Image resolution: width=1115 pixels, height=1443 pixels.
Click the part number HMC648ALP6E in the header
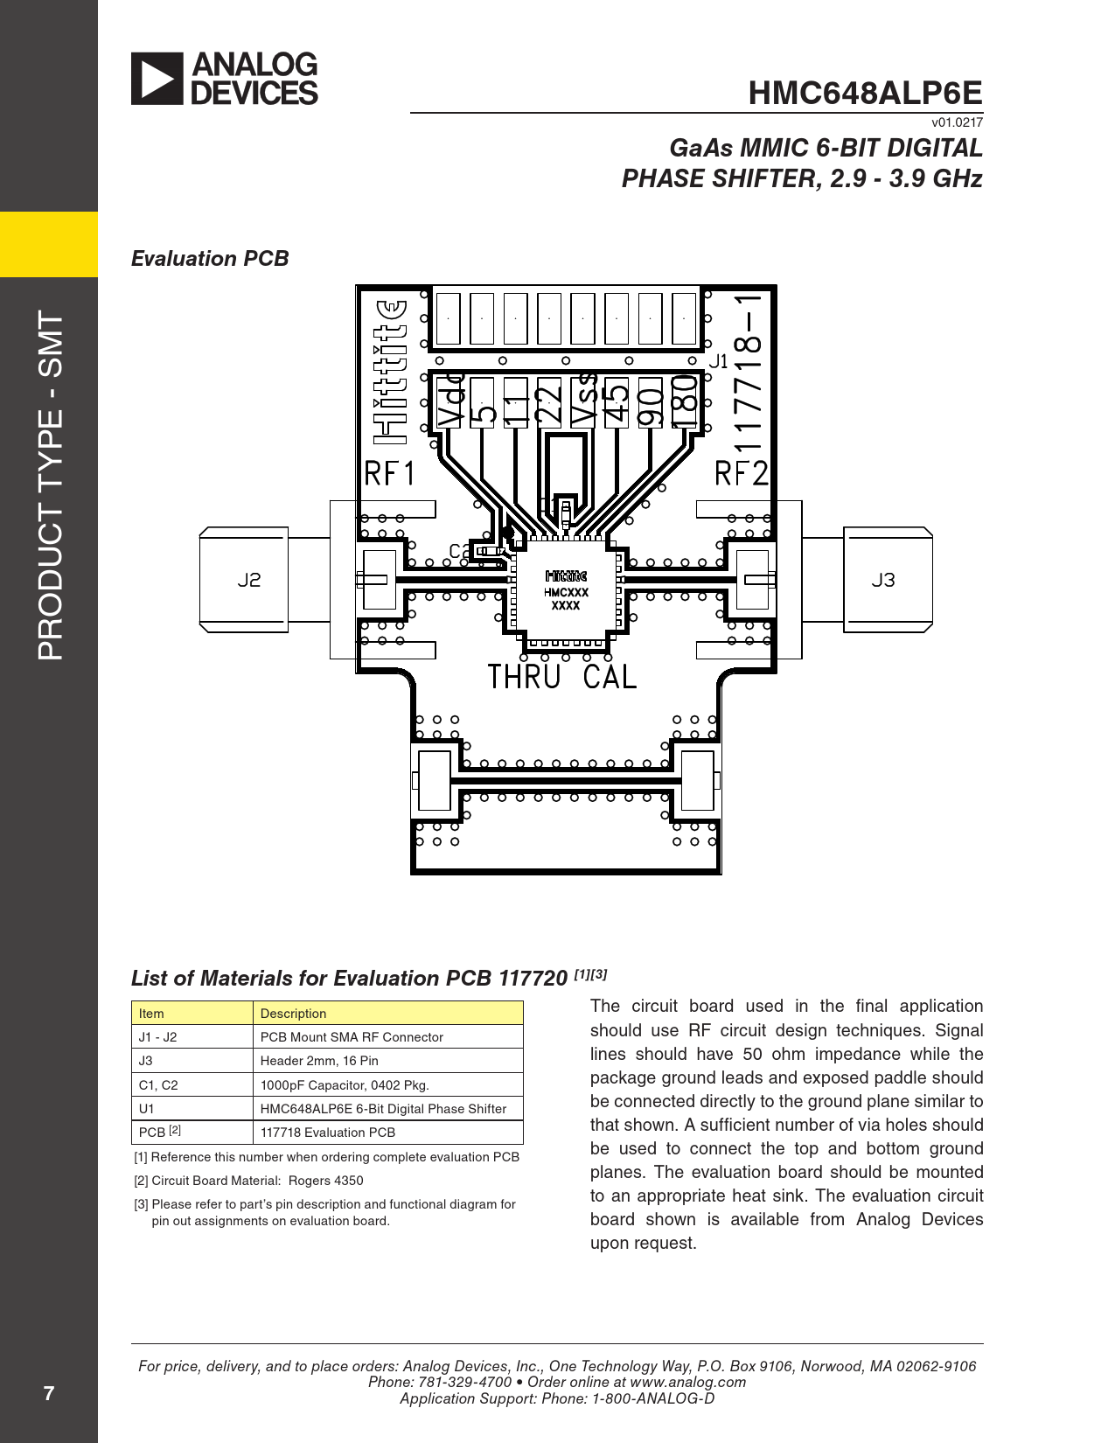click(x=865, y=93)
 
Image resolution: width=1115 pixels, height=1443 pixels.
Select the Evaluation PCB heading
click(x=210, y=259)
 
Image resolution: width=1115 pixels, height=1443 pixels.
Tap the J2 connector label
click(x=249, y=580)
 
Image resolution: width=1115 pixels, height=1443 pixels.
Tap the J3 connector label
click(x=883, y=580)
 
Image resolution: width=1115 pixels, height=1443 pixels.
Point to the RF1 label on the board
click(x=390, y=473)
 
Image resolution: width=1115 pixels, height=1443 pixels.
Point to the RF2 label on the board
click(x=742, y=473)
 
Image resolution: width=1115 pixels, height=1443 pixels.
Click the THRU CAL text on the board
click(x=561, y=677)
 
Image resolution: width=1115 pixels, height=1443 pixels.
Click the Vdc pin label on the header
click(x=451, y=400)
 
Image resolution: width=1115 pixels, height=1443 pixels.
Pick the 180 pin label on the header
click(x=685, y=401)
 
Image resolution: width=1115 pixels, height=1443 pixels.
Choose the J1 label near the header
click(x=718, y=361)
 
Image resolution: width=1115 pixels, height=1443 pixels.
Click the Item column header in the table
click(x=151, y=1014)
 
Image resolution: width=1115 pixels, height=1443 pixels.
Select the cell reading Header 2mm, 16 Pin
click(x=319, y=1061)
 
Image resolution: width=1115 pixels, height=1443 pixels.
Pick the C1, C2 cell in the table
click(x=158, y=1084)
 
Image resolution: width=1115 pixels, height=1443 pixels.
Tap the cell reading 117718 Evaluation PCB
click(x=328, y=1133)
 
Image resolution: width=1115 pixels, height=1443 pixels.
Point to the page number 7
click(x=49, y=1393)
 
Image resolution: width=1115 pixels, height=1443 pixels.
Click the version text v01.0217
click(x=957, y=122)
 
